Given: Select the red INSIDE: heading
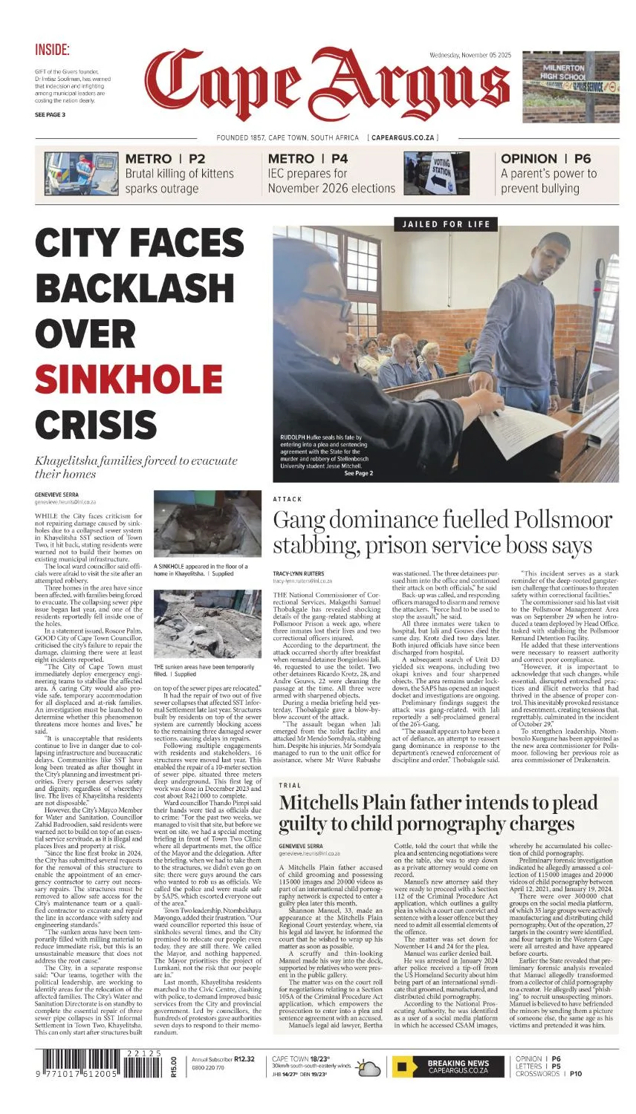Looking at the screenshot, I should (52, 51).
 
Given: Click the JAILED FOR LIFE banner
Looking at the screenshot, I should (446, 224).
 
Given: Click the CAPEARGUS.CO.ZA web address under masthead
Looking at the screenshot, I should (404, 138).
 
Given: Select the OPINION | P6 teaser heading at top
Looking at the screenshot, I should (545, 158).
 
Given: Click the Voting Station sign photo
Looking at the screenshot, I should (436, 173).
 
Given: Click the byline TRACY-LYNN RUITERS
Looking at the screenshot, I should (298, 574).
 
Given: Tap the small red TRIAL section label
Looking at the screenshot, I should (290, 785).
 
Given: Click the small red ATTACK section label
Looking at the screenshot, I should (288, 499).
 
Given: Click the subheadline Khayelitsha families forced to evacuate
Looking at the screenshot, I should (135, 466).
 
